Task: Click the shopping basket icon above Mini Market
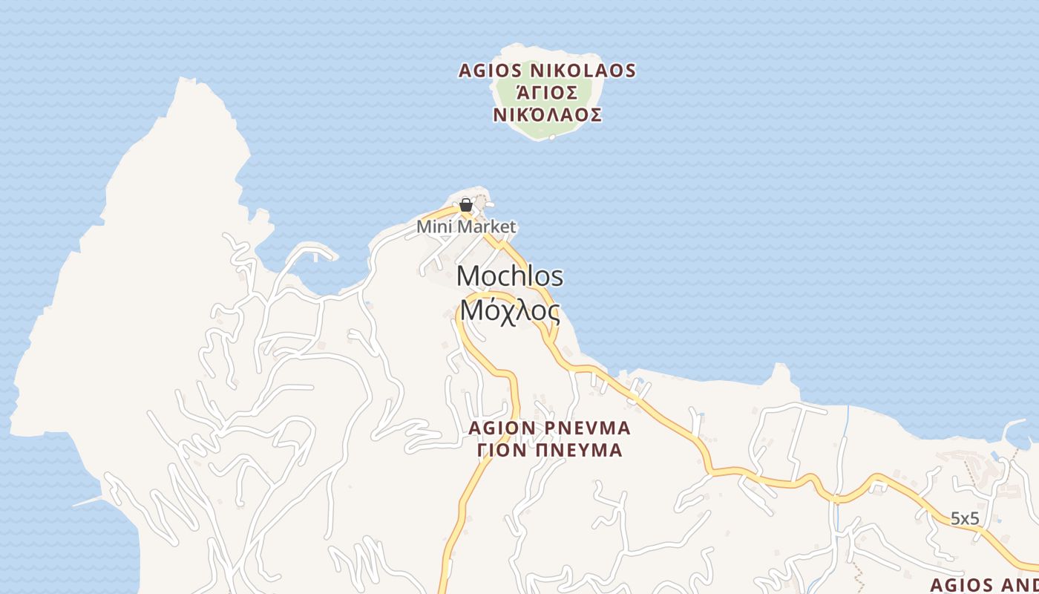tap(466, 205)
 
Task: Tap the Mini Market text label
tap(466, 226)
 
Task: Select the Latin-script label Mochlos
tap(510, 276)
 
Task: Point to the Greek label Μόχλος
tap(510, 310)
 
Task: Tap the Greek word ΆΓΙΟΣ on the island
tap(547, 93)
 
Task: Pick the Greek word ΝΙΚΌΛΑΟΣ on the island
tap(547, 115)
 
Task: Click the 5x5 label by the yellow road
tap(965, 518)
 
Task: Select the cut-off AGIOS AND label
tap(984, 583)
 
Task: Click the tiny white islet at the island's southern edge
tap(551, 137)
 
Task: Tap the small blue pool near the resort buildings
tap(994, 454)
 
